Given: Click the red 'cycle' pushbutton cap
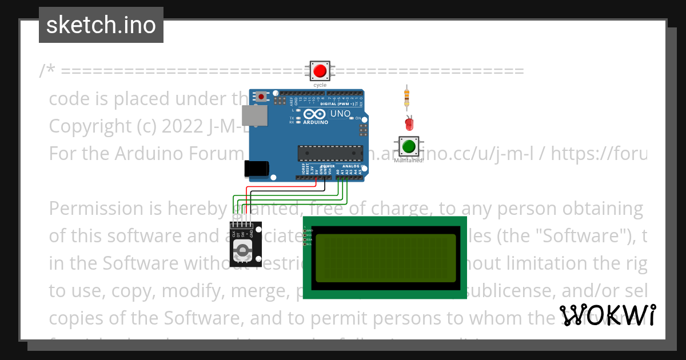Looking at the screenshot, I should pyautogui.click(x=320, y=71).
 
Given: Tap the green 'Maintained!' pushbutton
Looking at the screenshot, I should pyautogui.click(x=409, y=146).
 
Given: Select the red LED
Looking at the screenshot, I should pyautogui.click(x=408, y=122).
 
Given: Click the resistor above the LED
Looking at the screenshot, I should pyautogui.click(x=406, y=97).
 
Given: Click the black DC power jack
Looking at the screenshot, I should pyautogui.click(x=256, y=168).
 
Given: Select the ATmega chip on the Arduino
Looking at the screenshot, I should pyautogui.click(x=330, y=153).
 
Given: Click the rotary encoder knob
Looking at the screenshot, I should pyautogui.click(x=244, y=250).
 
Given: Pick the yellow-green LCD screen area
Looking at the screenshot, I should pyautogui.click(x=385, y=258).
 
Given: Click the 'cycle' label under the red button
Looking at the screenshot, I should pyautogui.click(x=320, y=85).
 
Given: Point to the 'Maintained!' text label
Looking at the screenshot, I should pyautogui.click(x=409, y=161).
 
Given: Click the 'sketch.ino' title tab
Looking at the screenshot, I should pyautogui.click(x=101, y=25).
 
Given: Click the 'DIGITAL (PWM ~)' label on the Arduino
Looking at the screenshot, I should pyautogui.click(x=337, y=104).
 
